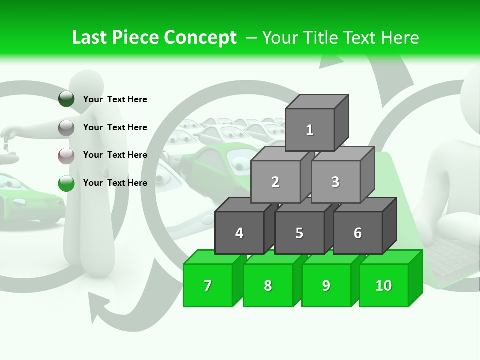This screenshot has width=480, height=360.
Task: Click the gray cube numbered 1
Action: (x=310, y=130)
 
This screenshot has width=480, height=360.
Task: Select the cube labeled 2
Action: (x=275, y=182)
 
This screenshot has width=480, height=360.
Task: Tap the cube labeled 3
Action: (x=335, y=182)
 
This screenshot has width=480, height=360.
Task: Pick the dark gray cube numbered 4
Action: (x=239, y=233)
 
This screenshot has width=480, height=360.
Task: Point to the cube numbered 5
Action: (x=299, y=233)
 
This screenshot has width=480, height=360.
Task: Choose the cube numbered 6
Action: (x=358, y=233)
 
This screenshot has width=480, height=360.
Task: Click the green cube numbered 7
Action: (x=208, y=285)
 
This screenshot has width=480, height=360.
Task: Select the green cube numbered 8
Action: (x=268, y=285)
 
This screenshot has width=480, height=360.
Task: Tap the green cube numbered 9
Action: (x=326, y=285)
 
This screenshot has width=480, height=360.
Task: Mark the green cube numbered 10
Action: (x=384, y=285)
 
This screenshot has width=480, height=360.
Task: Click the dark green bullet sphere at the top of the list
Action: (x=66, y=99)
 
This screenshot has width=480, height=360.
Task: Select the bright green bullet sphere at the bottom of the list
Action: (x=66, y=183)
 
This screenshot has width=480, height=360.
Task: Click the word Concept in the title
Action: (x=200, y=37)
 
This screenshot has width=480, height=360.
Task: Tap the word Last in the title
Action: (x=91, y=37)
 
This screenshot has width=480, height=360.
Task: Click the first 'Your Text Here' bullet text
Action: (x=115, y=99)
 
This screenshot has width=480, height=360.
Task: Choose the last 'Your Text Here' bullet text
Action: (x=115, y=183)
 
